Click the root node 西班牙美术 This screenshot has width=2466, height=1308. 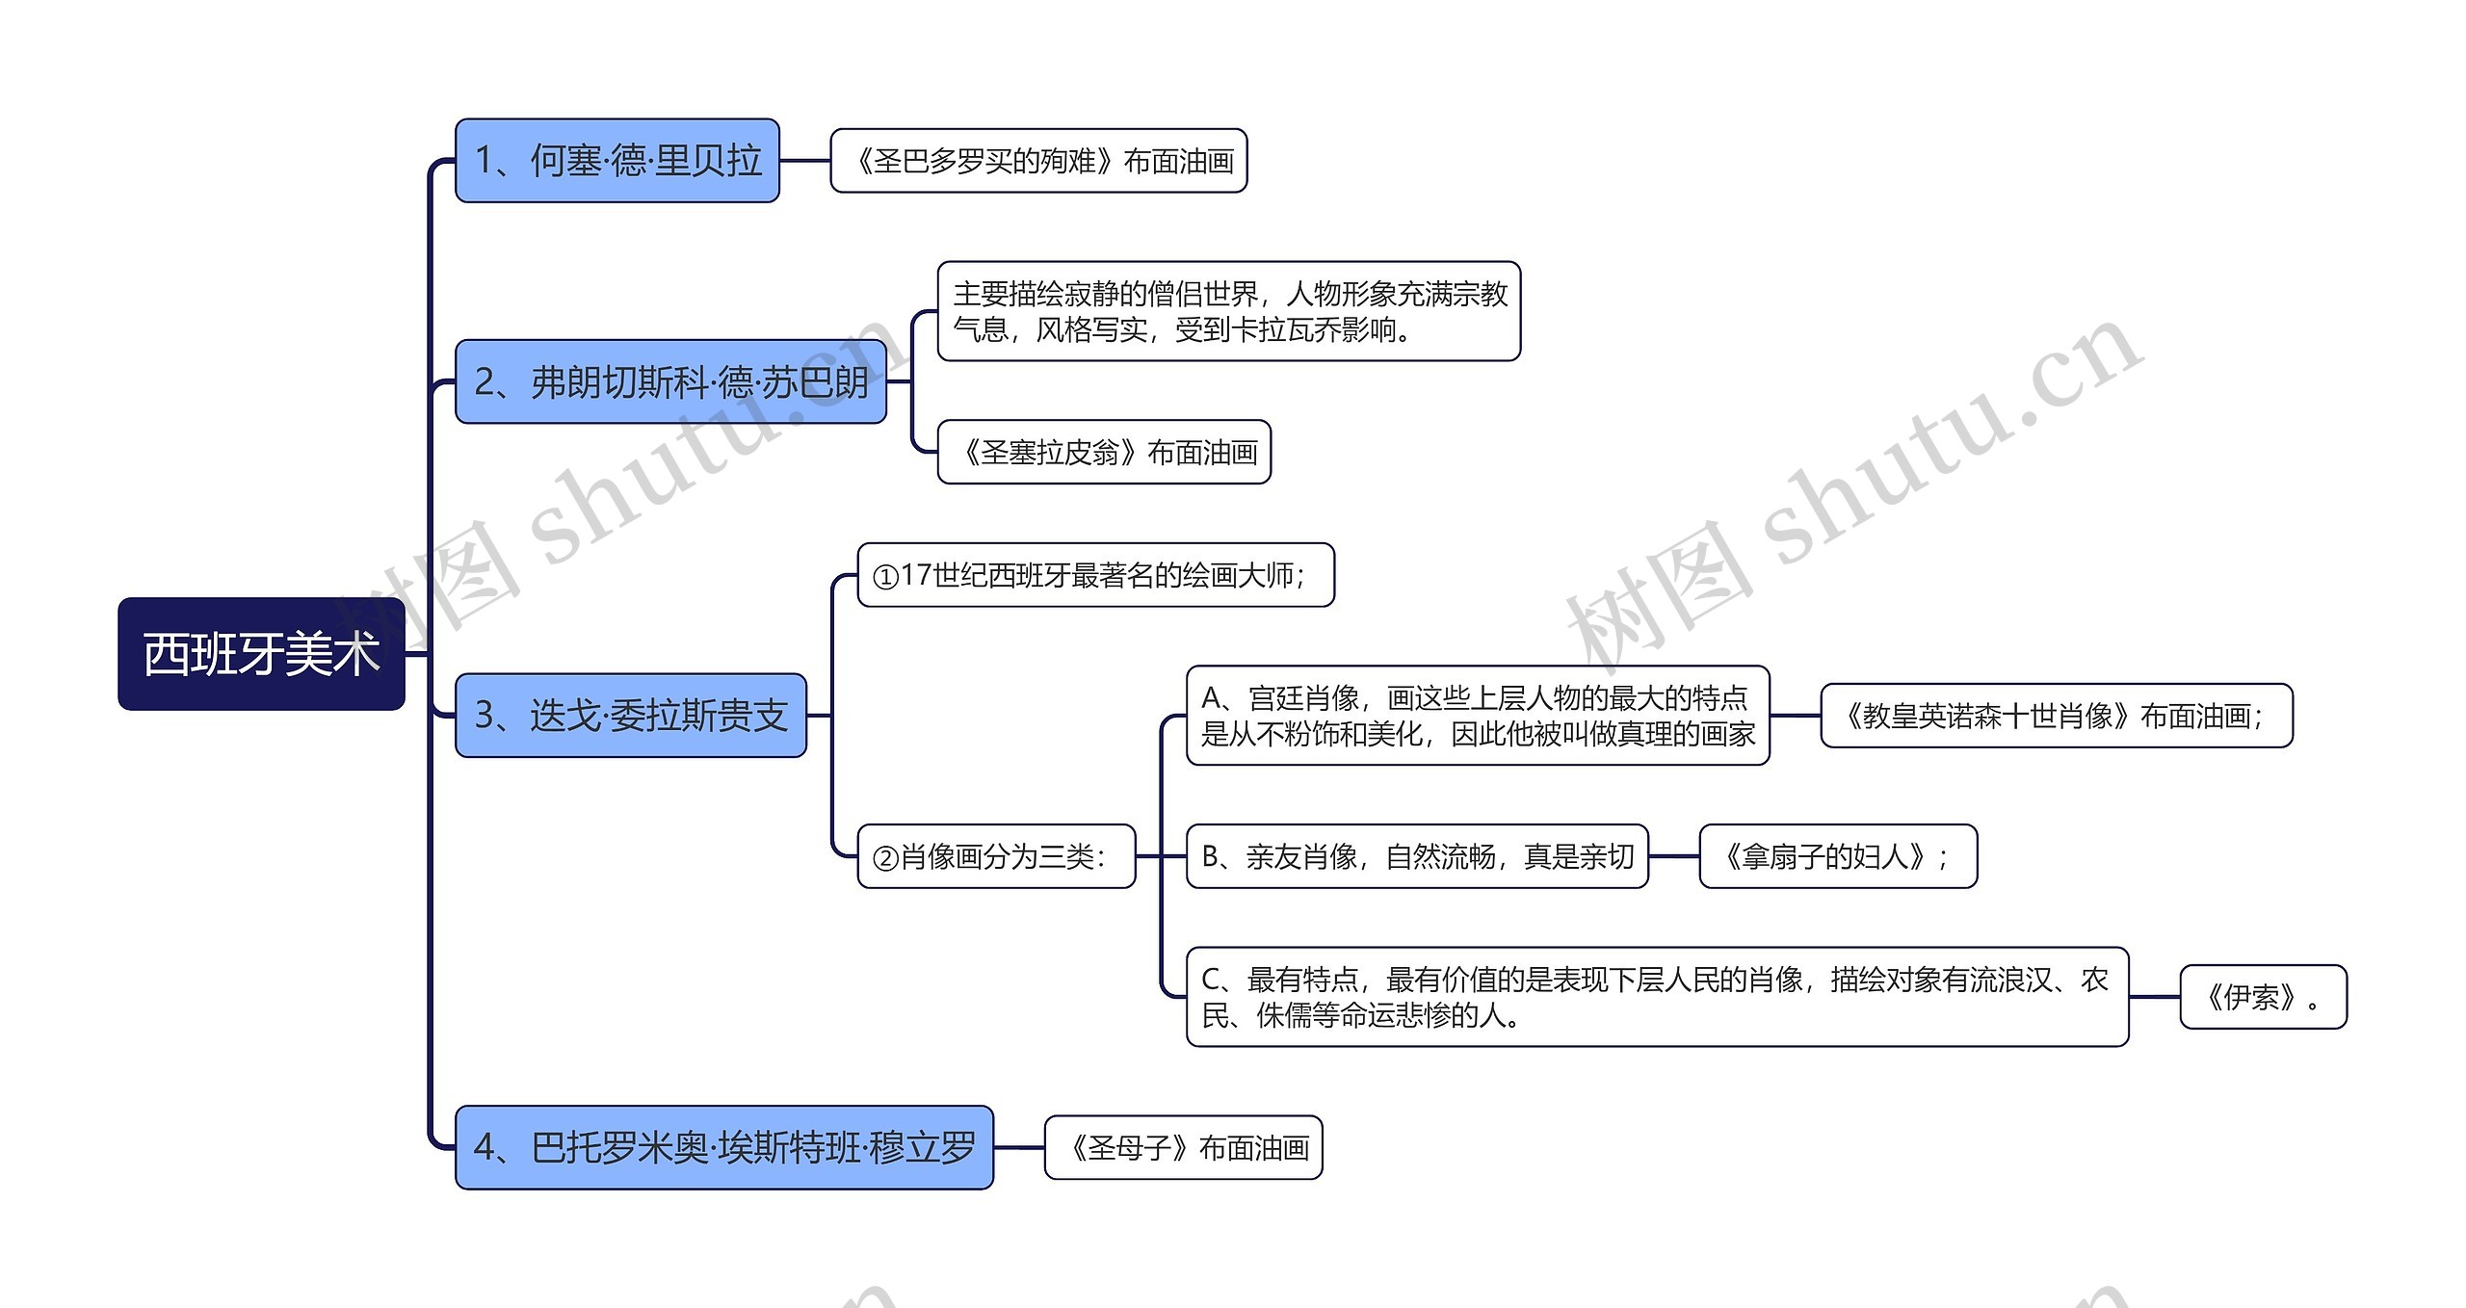coord(261,654)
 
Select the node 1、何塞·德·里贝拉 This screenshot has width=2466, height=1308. coord(616,161)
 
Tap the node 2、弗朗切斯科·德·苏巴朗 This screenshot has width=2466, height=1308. coord(670,381)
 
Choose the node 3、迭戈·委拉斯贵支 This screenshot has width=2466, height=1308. coord(630,716)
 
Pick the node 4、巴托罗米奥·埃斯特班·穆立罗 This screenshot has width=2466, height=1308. coord(723,1147)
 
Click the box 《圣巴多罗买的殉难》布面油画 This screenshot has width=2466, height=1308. coord(1038,161)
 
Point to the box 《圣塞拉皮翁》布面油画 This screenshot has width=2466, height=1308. coord(1104,452)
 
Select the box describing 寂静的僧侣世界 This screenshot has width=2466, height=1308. coord(1228,311)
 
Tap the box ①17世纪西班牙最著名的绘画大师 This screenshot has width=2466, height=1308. coord(1095,575)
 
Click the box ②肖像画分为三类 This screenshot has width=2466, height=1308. coord(996,856)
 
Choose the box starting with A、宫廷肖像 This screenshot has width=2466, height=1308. coord(1478,716)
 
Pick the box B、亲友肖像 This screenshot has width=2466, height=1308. coord(1417,856)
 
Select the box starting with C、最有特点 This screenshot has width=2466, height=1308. coord(1657,997)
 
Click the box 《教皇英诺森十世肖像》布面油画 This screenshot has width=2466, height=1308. coord(2056,716)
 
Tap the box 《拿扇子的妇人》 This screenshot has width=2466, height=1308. coord(1838,856)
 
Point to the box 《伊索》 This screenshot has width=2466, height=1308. coord(2263,997)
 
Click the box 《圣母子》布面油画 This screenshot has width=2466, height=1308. coord(1183,1147)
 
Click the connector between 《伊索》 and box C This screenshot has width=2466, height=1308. coord(2155,997)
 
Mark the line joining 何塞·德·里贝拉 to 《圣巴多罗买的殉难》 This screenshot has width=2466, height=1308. coord(805,161)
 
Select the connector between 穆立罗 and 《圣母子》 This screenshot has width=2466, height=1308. coord(1019,1147)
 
